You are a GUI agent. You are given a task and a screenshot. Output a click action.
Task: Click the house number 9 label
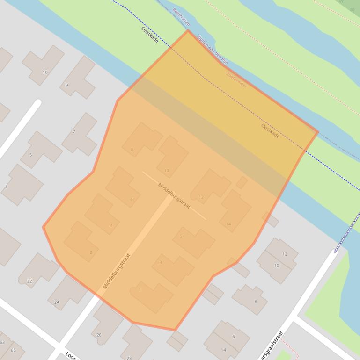[x=67, y=85]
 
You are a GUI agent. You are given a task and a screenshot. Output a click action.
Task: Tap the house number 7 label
[x=74, y=132]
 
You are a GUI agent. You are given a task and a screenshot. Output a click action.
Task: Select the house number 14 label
[x=228, y=224]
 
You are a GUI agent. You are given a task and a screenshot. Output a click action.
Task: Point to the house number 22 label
[x=29, y=281]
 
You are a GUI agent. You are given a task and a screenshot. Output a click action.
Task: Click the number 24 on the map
[x=57, y=302]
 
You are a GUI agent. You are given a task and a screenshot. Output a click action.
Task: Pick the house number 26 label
[x=99, y=335]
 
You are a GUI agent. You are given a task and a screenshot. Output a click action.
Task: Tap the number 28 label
[x=129, y=358]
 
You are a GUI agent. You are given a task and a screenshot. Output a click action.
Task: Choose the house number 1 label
[x=140, y=290]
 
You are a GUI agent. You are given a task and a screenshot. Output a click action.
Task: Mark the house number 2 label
[x=91, y=253]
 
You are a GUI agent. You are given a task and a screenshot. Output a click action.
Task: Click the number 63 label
[x=2, y=343]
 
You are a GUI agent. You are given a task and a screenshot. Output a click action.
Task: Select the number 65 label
[x=13, y=350]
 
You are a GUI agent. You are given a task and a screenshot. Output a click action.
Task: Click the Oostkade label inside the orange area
[x=270, y=130]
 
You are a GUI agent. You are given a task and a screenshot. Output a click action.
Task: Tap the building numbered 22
[x=38, y=269]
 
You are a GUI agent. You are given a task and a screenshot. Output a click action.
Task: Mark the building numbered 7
[x=81, y=134]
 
